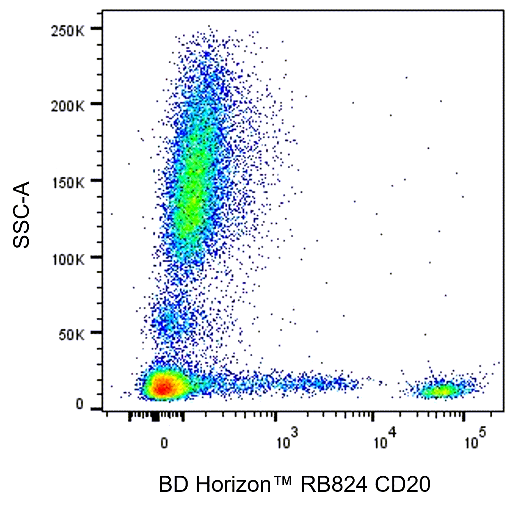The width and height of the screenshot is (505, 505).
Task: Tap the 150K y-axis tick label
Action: pyautogui.click(x=67, y=183)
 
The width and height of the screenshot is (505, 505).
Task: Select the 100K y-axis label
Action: pyautogui.click(x=67, y=259)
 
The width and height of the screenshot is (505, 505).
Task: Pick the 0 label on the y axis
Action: pyautogui.click(x=79, y=404)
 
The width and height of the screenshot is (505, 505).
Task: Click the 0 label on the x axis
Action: pyautogui.click(x=164, y=443)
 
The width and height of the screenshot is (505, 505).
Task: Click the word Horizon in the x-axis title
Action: pyautogui.click(x=232, y=484)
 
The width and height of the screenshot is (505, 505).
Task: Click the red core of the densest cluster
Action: pyautogui.click(x=163, y=387)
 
